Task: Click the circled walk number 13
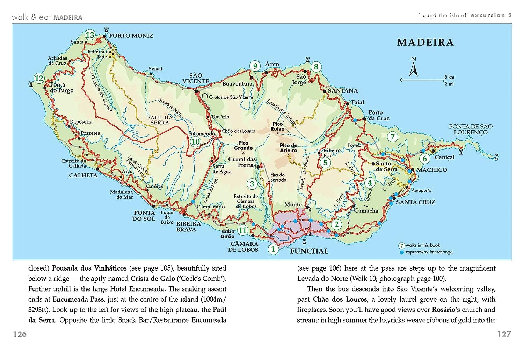pyautogui.click(x=90, y=35)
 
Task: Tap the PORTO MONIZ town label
pyautogui.click(x=131, y=36)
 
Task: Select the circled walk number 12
pyautogui.click(x=39, y=78)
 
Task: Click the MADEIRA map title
pyautogui.click(x=425, y=43)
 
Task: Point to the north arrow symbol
pyautogui.click(x=414, y=68)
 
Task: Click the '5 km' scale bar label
pyautogui.click(x=449, y=77)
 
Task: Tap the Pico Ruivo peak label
pyautogui.click(x=278, y=126)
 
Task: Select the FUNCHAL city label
pyautogui.click(x=309, y=251)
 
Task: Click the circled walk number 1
pyautogui.click(x=273, y=249)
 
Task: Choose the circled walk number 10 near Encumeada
pyautogui.click(x=195, y=141)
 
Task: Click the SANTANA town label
pyautogui.click(x=343, y=91)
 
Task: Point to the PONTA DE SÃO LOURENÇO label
pyautogui.click(x=471, y=129)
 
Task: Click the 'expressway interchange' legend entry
pyautogui.click(x=429, y=252)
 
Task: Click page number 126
pyautogui.click(x=20, y=334)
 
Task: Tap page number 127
pyautogui.click(x=504, y=334)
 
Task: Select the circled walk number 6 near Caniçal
pyautogui.click(x=425, y=159)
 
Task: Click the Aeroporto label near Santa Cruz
pyautogui.click(x=421, y=190)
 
